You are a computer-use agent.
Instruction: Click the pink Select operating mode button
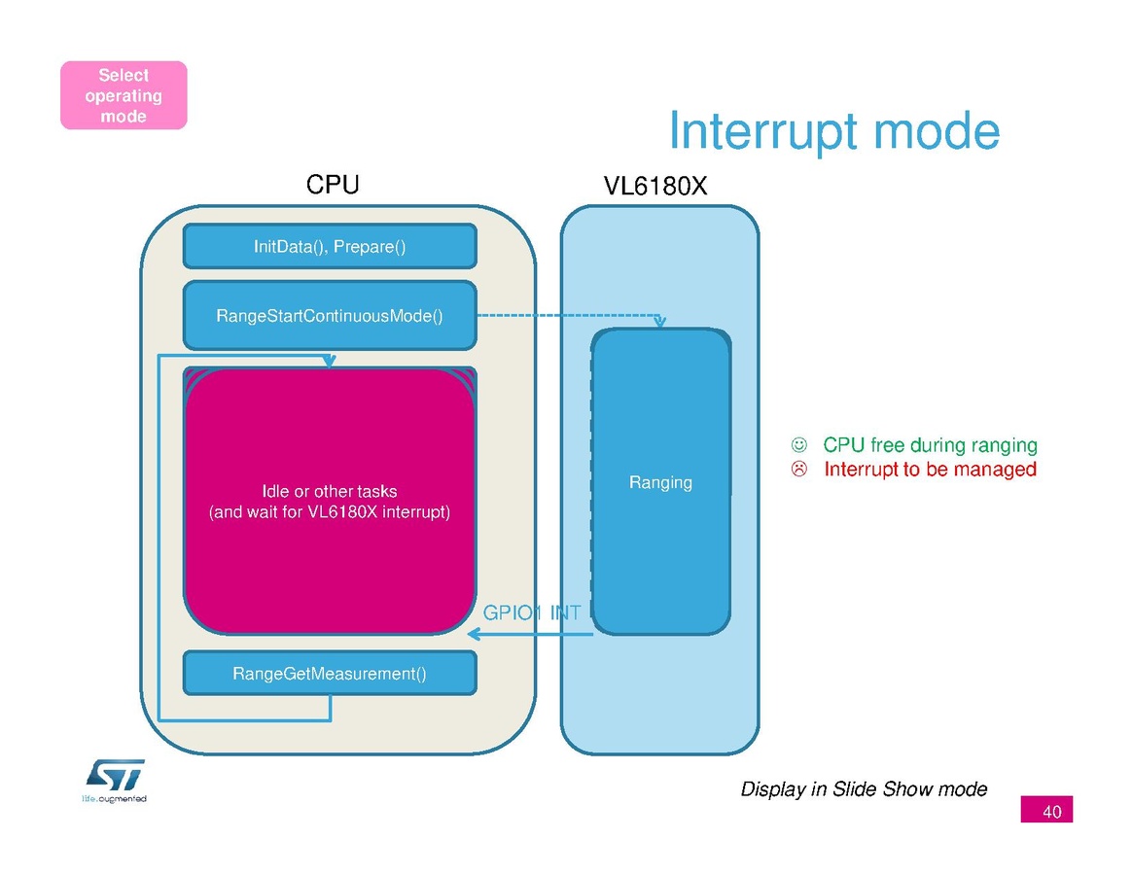coord(124,95)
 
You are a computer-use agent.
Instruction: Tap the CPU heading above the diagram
coord(333,185)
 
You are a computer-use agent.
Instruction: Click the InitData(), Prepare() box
coord(330,247)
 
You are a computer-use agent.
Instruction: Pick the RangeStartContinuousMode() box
coord(330,316)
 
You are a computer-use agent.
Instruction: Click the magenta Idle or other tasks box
coord(330,501)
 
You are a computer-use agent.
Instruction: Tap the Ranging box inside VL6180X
coord(661,482)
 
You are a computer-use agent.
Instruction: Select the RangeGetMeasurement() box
coord(330,673)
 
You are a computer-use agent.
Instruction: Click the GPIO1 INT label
coord(532,612)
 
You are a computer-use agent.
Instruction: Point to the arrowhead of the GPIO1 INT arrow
coord(474,635)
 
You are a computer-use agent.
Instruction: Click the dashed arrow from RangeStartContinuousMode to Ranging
coord(564,316)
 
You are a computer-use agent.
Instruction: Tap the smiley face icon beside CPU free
coord(798,445)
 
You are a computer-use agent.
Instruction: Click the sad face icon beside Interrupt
coord(798,470)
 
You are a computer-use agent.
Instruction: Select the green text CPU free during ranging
coord(930,445)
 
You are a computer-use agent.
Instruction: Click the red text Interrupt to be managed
coord(930,470)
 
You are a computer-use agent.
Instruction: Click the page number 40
coord(1051,811)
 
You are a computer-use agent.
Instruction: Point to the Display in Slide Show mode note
coord(864,789)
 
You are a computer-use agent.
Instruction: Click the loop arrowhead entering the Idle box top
coord(332,363)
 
